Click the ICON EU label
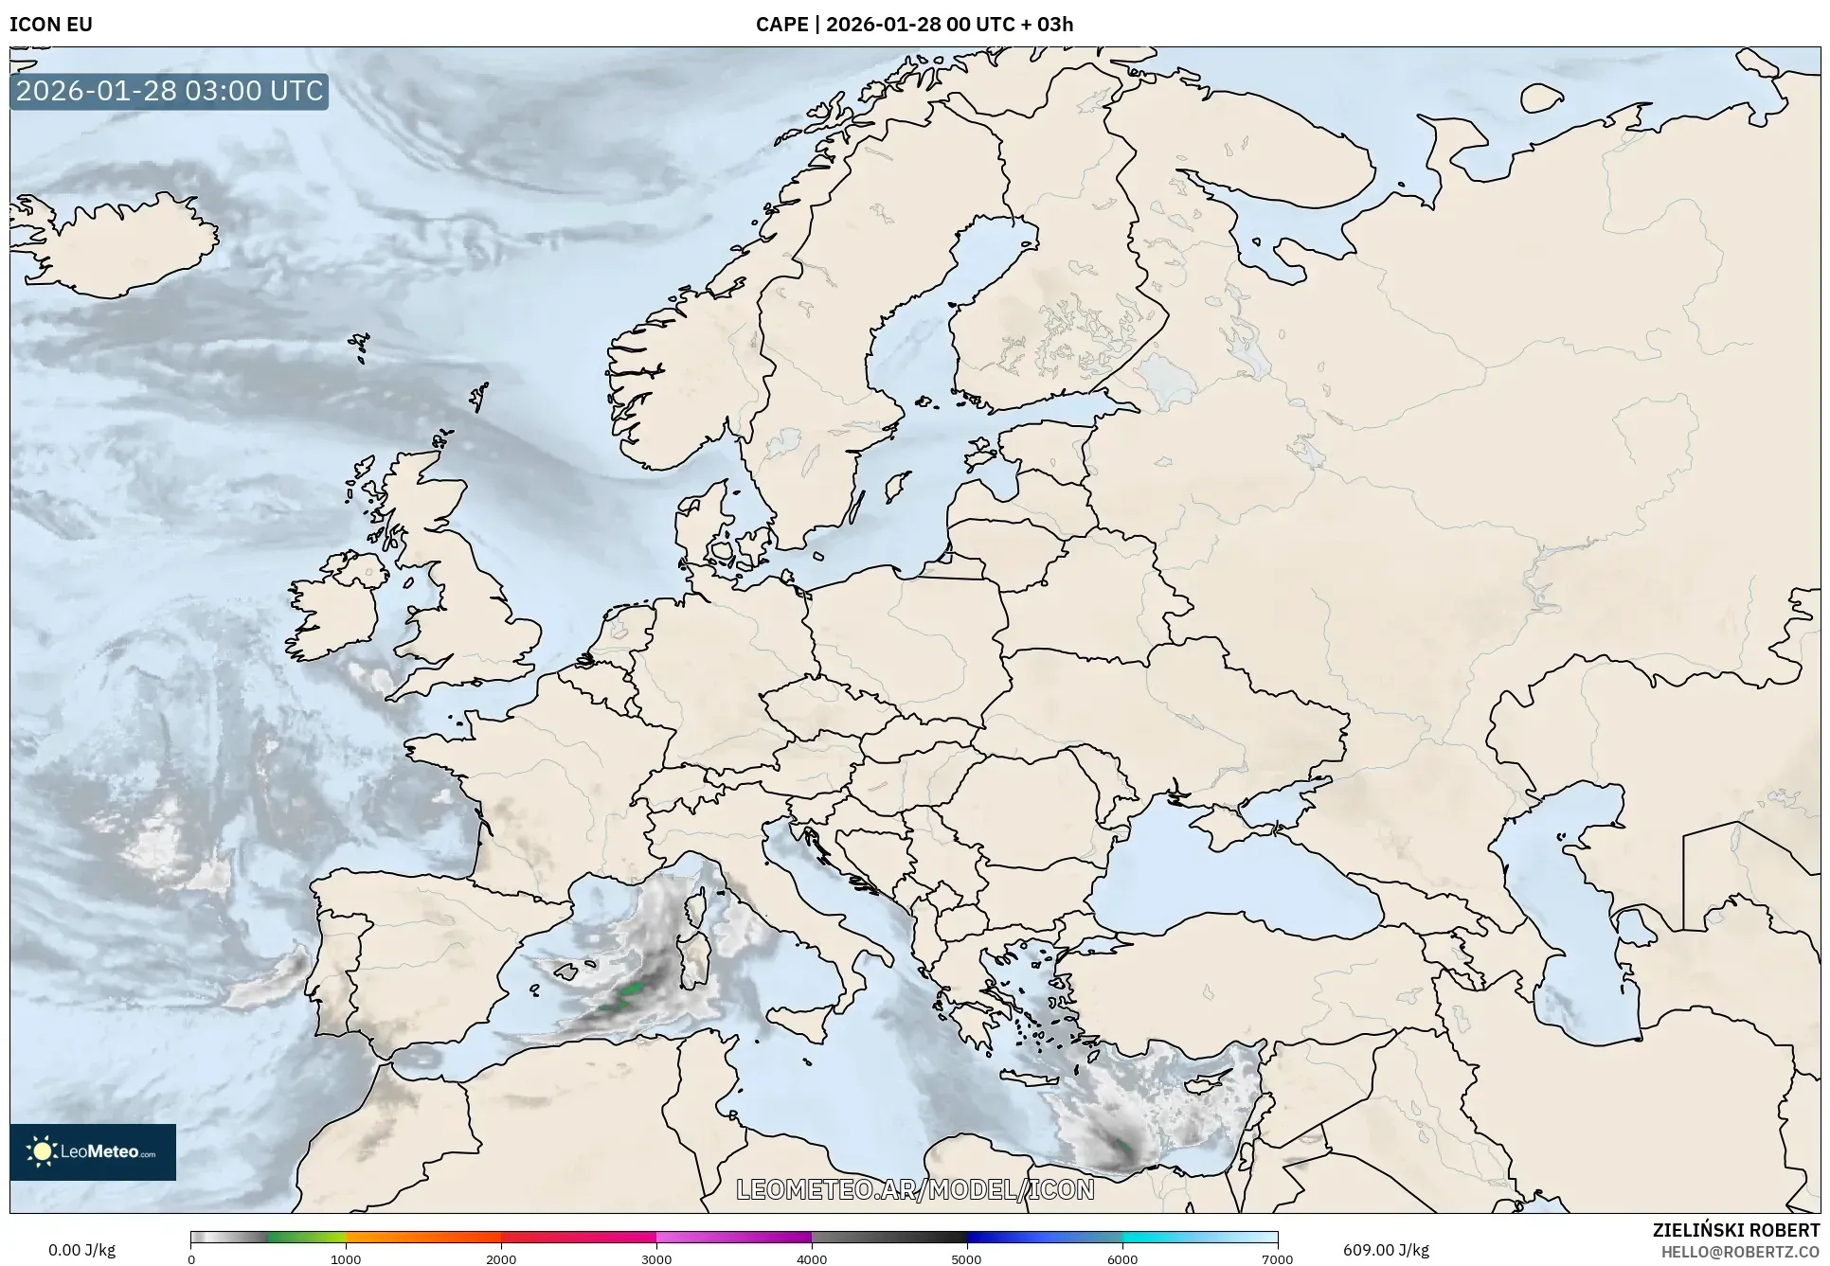tap(51, 25)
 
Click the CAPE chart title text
tap(914, 25)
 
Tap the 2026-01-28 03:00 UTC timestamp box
tap(170, 91)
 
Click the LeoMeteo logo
tap(93, 1151)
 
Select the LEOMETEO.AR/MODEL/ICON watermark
tap(915, 1189)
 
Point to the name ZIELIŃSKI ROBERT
tap(1735, 1230)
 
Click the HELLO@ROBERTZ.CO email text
tap(1740, 1252)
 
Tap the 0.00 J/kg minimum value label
tap(81, 1250)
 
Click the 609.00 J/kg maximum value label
tap(1386, 1250)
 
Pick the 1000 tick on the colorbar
tap(346, 1258)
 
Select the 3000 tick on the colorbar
tap(656, 1258)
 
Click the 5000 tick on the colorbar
tap(966, 1258)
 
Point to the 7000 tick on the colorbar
tap(1277, 1258)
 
